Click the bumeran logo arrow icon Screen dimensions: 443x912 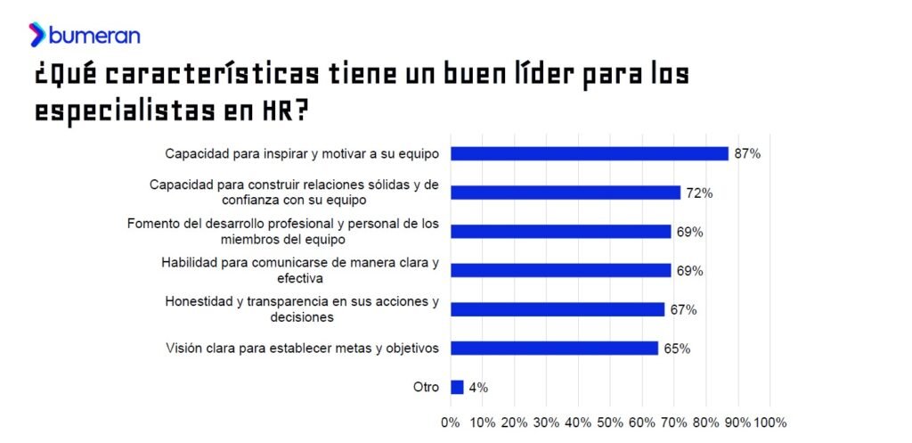(x=37, y=35)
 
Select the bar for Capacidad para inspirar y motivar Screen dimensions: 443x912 (x=590, y=153)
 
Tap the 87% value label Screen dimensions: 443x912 (x=746, y=153)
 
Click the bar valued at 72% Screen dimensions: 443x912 (x=566, y=193)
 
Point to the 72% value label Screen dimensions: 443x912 (x=699, y=193)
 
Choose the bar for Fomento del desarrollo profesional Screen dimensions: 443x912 (x=561, y=232)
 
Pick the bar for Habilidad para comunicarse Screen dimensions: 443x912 (x=561, y=270)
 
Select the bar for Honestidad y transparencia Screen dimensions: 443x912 (x=558, y=309)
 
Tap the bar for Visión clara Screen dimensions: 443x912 (x=554, y=349)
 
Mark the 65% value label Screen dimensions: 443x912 (x=677, y=349)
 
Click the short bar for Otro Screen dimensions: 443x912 (x=457, y=387)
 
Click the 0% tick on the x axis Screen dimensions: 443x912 (x=451, y=422)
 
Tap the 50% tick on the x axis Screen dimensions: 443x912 (x=610, y=422)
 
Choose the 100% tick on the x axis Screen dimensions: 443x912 (x=770, y=422)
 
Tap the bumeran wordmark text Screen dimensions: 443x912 (x=95, y=36)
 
